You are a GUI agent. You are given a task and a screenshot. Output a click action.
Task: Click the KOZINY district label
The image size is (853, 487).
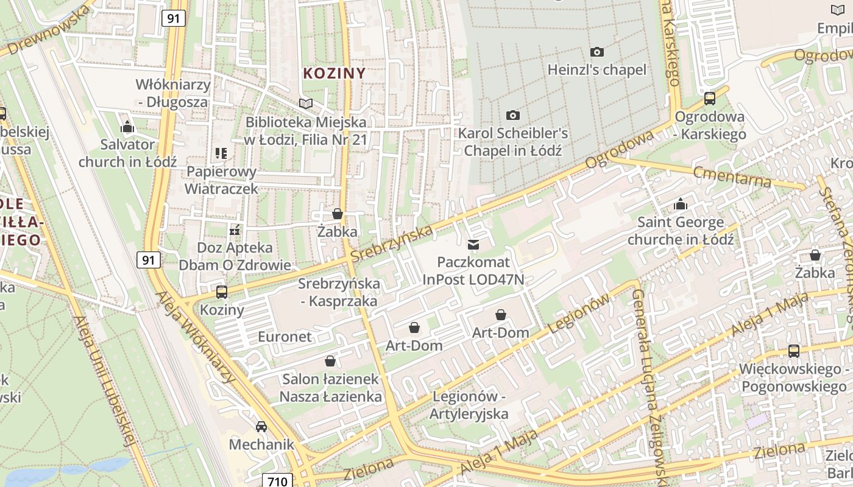[334, 74]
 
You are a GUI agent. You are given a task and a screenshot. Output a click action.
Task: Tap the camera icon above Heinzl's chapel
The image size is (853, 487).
[597, 52]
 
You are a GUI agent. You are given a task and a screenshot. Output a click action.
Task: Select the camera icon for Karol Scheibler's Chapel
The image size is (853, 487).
[513, 115]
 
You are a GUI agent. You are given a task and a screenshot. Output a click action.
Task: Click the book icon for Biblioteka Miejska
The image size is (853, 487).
[306, 104]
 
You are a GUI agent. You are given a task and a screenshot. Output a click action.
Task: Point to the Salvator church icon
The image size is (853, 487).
[127, 127]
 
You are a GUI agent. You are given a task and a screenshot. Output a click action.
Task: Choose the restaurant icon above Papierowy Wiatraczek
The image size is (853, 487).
[221, 153]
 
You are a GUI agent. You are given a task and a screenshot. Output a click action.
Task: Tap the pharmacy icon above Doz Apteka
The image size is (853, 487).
[235, 230]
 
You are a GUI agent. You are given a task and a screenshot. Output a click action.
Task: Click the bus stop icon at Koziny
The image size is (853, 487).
[222, 292]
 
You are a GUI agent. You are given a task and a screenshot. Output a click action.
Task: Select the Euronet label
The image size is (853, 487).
[285, 337]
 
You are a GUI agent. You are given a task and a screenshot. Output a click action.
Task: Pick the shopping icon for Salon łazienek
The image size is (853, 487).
[330, 361]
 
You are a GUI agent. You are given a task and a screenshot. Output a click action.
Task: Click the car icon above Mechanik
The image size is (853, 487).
[261, 427]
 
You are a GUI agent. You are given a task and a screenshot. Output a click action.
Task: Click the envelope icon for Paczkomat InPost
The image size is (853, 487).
[473, 245]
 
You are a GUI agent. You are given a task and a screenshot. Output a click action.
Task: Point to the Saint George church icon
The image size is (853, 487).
[680, 204]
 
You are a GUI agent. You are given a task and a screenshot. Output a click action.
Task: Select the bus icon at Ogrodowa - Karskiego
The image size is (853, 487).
[710, 99]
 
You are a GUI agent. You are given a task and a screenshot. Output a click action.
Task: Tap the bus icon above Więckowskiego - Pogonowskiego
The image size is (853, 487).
[794, 351]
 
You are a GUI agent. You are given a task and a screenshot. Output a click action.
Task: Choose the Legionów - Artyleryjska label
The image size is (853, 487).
[470, 405]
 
